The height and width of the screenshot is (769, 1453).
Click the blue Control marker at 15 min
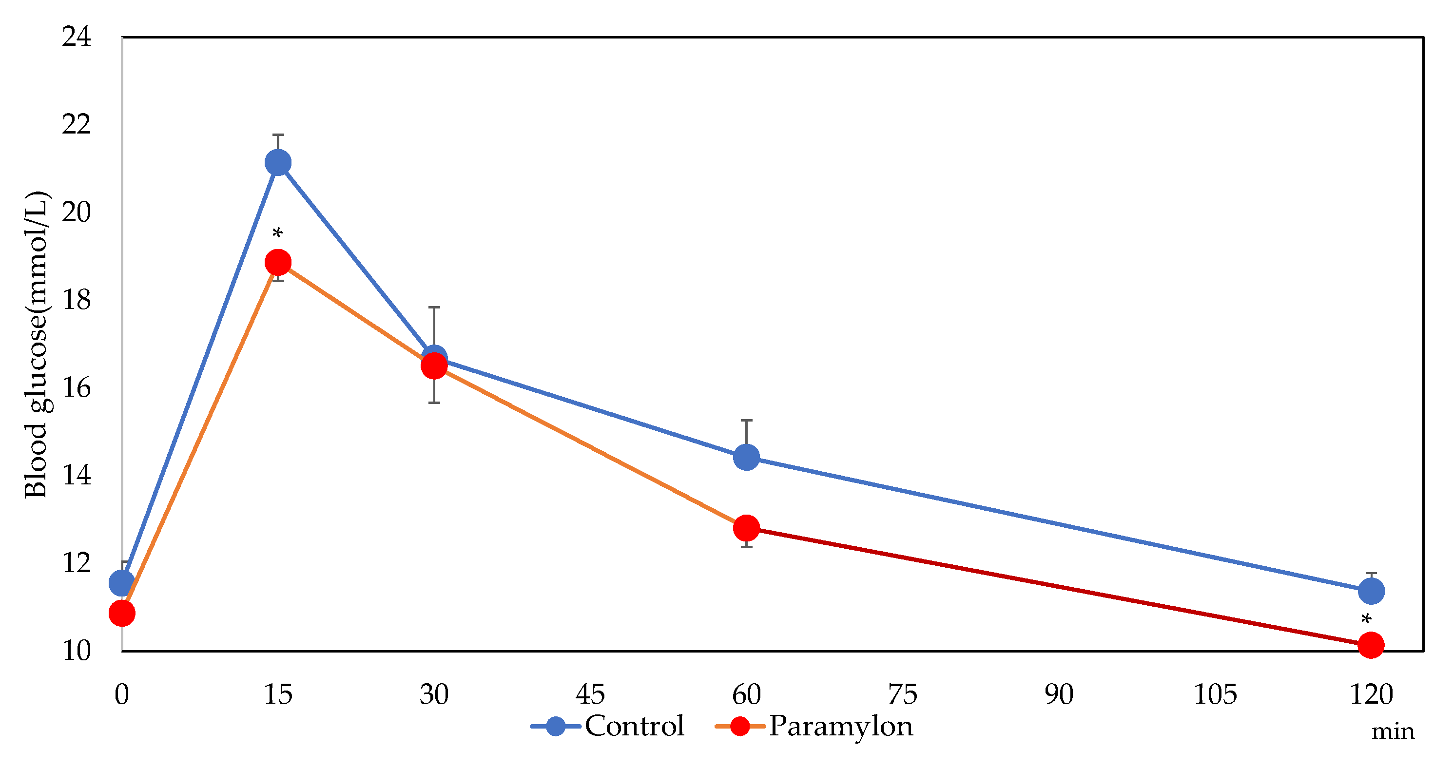(x=278, y=163)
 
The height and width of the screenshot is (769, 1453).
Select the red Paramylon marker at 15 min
(x=278, y=263)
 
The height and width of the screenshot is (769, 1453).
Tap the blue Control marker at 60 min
(x=746, y=457)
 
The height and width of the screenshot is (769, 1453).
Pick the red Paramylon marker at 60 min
(x=746, y=528)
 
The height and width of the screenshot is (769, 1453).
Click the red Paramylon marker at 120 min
(x=1371, y=644)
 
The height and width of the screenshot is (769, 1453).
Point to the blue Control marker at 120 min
(x=1371, y=591)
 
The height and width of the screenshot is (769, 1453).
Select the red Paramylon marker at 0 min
(x=122, y=613)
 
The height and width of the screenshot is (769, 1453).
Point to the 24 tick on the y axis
(x=77, y=37)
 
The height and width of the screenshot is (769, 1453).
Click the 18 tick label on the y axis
(x=77, y=300)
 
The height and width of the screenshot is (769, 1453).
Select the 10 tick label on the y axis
(x=77, y=651)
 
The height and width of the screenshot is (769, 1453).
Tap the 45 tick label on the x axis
(x=590, y=694)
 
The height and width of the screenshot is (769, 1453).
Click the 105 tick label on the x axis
(x=1215, y=694)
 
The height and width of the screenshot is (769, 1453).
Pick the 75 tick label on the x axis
(x=903, y=694)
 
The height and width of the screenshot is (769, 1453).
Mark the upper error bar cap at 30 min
(x=434, y=308)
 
